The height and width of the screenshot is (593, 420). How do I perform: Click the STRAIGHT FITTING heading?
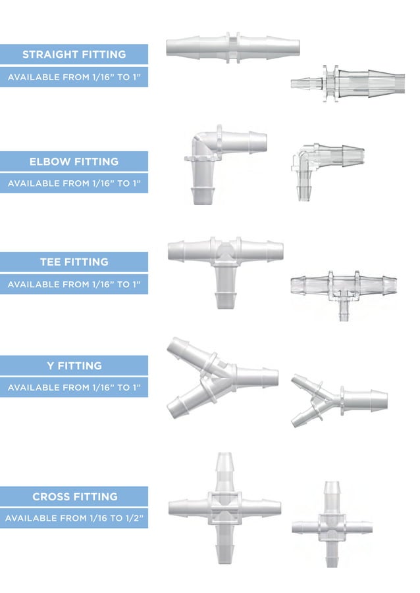[x=74, y=55]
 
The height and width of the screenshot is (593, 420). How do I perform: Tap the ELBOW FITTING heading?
[x=74, y=162]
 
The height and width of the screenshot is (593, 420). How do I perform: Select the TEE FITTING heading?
[x=74, y=262]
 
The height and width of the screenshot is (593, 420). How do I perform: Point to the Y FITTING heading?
[x=74, y=366]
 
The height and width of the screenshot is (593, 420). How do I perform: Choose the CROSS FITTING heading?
[x=74, y=496]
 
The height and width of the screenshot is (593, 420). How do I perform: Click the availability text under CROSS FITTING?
[x=74, y=519]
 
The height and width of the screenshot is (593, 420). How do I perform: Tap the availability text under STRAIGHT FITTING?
[x=74, y=78]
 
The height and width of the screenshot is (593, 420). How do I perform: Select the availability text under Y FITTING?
[x=74, y=388]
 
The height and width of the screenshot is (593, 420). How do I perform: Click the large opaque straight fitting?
[x=232, y=48]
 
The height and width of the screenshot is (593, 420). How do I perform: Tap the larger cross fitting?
[x=224, y=507]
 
